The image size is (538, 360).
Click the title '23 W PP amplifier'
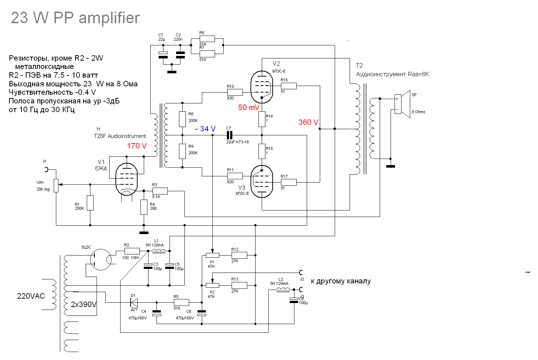(75, 18)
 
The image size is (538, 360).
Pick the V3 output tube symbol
(261, 181)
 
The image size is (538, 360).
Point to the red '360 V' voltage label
(308, 122)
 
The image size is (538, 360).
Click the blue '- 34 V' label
(205, 129)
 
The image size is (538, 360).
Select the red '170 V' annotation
(136, 146)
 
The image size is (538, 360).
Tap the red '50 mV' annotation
(249, 107)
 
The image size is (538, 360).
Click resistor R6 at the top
(207, 39)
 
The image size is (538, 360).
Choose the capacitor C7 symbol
(229, 135)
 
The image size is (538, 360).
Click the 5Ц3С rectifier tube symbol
(101, 259)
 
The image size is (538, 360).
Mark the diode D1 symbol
(134, 302)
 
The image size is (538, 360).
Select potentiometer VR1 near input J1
(56, 185)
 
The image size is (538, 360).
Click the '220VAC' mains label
(31, 296)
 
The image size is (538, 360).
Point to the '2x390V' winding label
(83, 304)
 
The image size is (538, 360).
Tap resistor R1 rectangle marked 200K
(90, 203)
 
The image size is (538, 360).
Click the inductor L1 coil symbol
(159, 250)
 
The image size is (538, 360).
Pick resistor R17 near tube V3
(289, 182)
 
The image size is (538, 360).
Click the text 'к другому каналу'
(341, 281)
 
